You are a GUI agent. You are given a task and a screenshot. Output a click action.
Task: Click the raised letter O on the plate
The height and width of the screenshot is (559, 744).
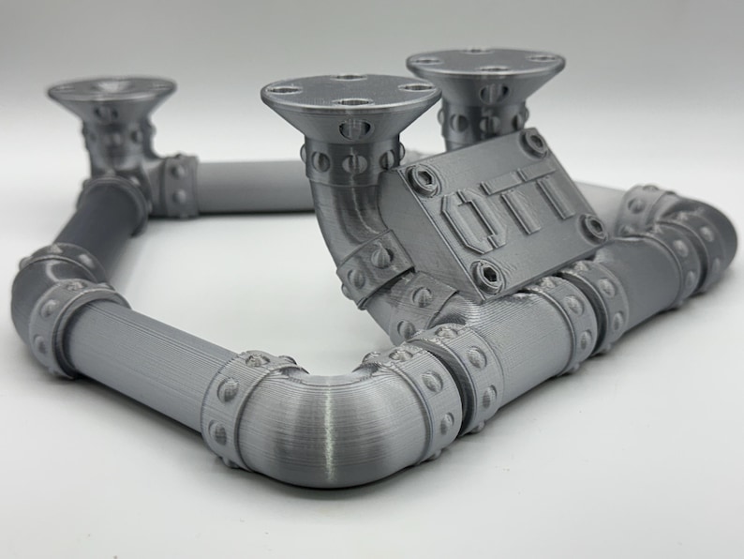click(x=470, y=216)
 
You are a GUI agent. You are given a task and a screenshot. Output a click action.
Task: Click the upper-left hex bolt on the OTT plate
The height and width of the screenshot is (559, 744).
click(x=424, y=178)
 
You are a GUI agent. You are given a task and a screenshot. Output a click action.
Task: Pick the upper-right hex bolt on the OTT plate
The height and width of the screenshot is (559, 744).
click(x=536, y=142)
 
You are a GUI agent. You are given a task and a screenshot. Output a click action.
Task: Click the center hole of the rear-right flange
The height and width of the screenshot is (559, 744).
click(x=486, y=68)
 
